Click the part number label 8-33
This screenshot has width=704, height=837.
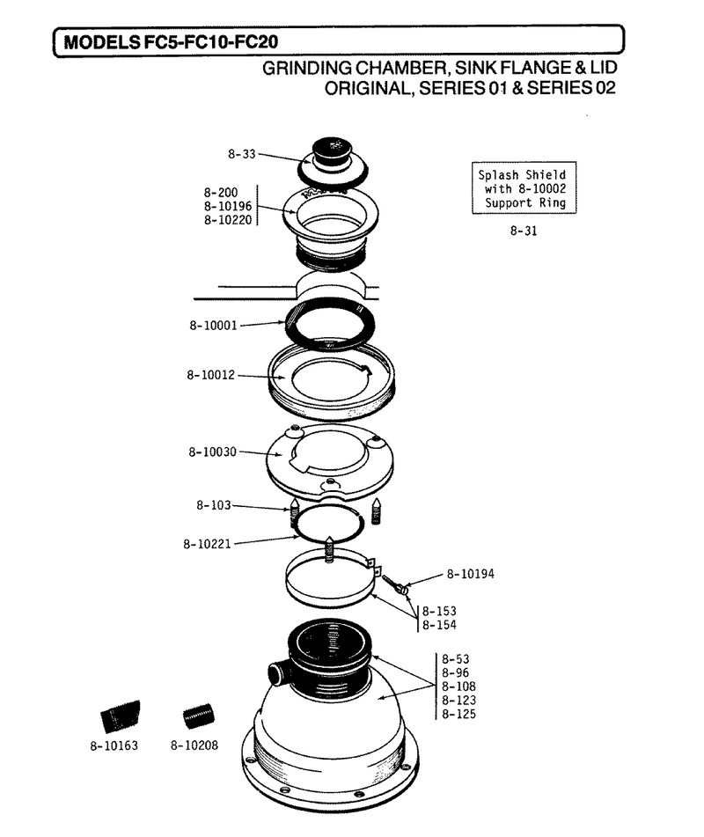coord(242,154)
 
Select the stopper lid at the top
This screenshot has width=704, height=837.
coord(332,161)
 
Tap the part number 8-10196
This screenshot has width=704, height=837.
coord(227,206)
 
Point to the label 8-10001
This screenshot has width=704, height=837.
coord(213,325)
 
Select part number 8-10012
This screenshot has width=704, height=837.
coord(211,375)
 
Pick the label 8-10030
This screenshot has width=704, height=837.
coord(212,452)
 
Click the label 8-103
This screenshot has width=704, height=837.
coord(214,505)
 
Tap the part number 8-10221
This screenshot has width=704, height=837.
coord(207,544)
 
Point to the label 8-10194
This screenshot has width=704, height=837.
coord(470,574)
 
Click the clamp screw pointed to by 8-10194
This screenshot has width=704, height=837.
coord(395,584)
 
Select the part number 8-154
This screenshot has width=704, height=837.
coord(439,625)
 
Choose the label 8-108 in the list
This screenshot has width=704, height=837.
coord(458,686)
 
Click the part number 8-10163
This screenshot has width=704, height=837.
coord(114,745)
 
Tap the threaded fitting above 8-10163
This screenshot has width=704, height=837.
coord(121,716)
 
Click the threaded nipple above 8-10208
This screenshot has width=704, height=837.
coord(199,717)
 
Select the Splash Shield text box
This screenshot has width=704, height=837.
coord(524,187)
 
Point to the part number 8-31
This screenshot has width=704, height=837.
coord(524,231)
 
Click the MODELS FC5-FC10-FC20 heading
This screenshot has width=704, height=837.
coord(171,42)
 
